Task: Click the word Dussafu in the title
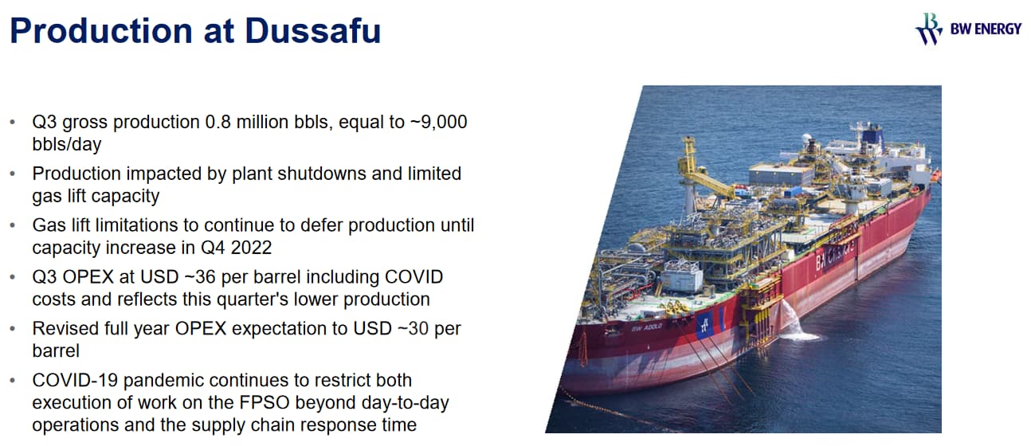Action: [312, 31]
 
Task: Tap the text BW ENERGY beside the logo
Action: [986, 29]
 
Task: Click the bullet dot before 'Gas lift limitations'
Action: [13, 225]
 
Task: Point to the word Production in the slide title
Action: [101, 31]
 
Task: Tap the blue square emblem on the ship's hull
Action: [704, 325]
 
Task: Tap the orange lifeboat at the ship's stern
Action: [935, 176]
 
